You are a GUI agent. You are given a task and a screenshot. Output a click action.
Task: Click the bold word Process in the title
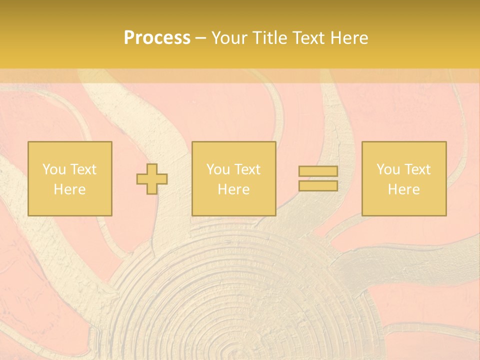(157, 38)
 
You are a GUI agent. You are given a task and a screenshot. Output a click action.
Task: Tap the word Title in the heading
(270, 38)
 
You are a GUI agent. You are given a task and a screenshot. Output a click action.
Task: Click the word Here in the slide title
(349, 38)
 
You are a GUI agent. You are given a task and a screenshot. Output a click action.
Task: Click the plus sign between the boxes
(152, 179)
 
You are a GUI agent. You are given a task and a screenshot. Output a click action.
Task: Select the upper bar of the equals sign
(318, 171)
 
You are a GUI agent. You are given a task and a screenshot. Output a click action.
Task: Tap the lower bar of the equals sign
(318, 186)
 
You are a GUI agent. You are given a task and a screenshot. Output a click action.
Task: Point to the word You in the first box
(54, 169)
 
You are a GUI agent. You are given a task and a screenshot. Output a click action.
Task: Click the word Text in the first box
(83, 169)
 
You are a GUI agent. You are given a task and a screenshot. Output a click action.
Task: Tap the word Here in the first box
(70, 189)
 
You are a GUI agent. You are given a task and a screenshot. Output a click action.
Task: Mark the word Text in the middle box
(247, 169)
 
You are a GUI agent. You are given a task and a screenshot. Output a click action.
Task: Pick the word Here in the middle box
(234, 189)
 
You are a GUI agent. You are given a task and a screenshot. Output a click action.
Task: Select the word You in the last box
(388, 169)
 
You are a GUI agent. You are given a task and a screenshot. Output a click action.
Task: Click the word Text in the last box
(417, 169)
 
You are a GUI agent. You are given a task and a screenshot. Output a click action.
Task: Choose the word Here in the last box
(404, 189)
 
